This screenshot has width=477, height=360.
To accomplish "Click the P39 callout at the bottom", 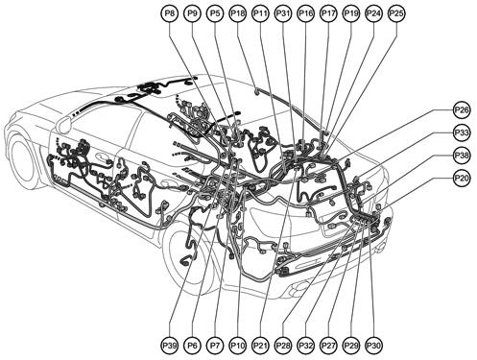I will tap(170, 344).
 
